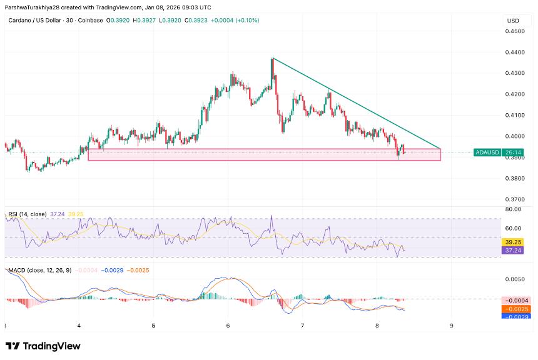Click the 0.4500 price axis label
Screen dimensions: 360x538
tap(515, 31)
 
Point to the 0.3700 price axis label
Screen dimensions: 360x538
tap(515, 199)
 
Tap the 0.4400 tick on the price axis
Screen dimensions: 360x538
tap(515, 52)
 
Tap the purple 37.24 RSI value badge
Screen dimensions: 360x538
tap(512, 250)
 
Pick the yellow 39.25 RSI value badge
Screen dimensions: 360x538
tap(512, 242)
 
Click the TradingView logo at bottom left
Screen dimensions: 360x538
tap(43, 346)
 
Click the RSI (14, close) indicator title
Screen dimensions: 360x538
tap(28, 214)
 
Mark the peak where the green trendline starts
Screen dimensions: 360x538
tap(273, 58)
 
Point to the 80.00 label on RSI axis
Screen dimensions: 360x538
tap(514, 209)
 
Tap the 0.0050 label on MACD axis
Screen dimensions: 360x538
tap(515, 279)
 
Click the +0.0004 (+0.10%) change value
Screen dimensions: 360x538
tap(236, 21)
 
